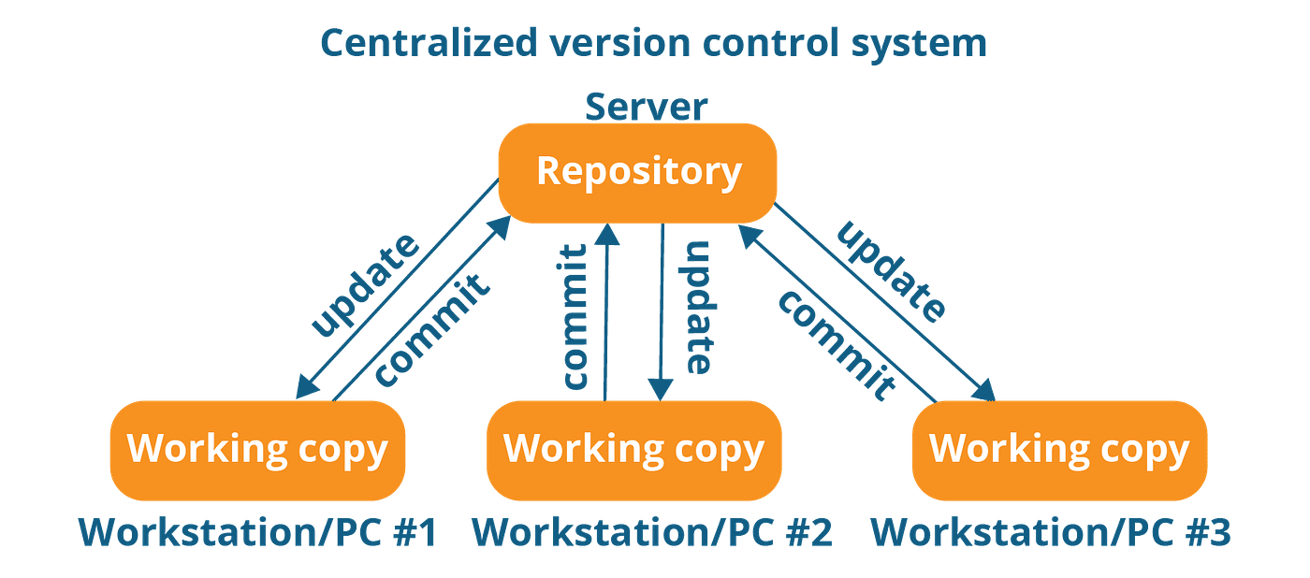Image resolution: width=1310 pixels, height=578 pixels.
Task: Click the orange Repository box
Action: (x=637, y=172)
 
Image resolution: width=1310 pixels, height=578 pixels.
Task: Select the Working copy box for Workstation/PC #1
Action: (x=257, y=450)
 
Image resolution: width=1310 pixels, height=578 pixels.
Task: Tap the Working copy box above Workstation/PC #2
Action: (x=633, y=450)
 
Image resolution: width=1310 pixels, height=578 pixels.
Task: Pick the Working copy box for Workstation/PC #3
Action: (x=1058, y=450)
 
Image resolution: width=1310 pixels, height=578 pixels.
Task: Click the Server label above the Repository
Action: (x=646, y=108)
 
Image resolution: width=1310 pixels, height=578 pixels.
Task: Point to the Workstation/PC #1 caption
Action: (x=258, y=532)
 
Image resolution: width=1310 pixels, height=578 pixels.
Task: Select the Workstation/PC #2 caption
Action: (x=651, y=532)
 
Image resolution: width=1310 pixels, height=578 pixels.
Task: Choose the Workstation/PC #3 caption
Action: (x=1051, y=532)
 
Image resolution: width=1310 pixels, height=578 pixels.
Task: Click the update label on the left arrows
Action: (x=365, y=285)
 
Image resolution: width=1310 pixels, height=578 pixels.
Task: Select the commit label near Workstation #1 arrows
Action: (x=432, y=329)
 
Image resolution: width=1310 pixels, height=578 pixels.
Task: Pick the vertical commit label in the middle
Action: (x=575, y=316)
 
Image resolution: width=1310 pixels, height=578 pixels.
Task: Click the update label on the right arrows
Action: (x=889, y=271)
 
